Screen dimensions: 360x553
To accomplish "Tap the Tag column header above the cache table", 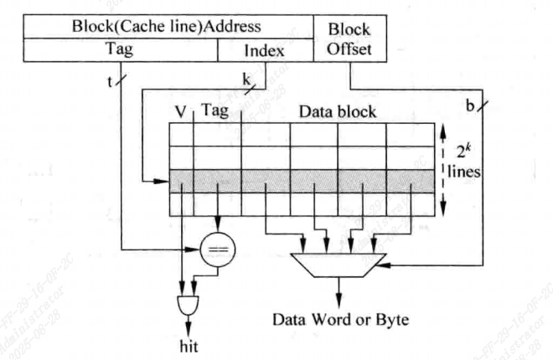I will point(214,111).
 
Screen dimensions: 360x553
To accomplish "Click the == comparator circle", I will point(218,249).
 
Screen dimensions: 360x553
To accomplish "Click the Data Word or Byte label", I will point(339,319).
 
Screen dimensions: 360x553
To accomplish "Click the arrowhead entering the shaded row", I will point(165,181).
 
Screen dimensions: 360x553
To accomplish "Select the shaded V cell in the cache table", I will point(182,181).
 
